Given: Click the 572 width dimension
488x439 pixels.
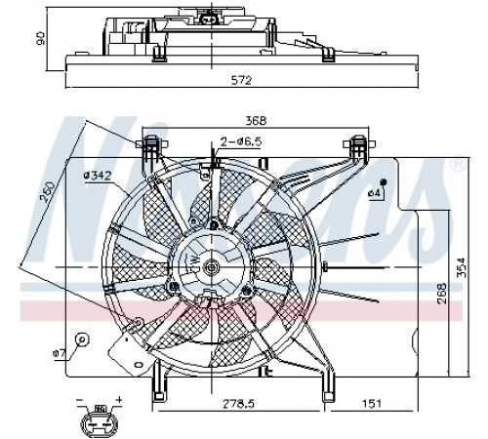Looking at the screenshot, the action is click(x=241, y=80).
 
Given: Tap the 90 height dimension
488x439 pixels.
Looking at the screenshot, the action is click(x=41, y=38).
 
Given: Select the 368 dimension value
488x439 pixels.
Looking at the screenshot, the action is click(x=256, y=121).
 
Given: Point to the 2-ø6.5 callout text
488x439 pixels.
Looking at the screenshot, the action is click(x=241, y=141).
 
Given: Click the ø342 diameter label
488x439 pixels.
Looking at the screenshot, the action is click(x=98, y=176).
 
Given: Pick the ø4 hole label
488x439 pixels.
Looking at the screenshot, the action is click(x=374, y=193).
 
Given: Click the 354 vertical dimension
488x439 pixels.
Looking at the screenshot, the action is click(x=461, y=267).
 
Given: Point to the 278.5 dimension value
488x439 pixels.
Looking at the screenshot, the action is click(x=238, y=404).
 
